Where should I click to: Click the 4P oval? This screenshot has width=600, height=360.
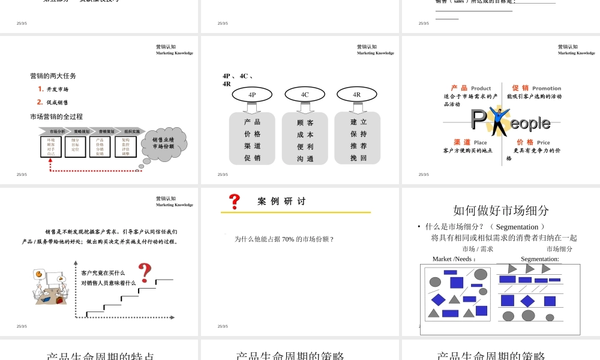[x=252, y=94]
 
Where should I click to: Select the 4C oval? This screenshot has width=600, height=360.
[x=305, y=94]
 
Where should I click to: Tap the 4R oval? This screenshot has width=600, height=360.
[x=356, y=94]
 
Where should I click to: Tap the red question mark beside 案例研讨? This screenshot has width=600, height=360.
[x=235, y=200]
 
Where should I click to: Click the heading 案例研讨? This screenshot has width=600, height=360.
[x=281, y=202]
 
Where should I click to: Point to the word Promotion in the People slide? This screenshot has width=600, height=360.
[x=547, y=88]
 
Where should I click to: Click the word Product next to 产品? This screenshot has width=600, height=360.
[x=481, y=88]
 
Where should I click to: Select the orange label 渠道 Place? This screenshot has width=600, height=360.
[x=470, y=142]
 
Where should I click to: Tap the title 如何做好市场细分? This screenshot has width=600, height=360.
[x=501, y=210]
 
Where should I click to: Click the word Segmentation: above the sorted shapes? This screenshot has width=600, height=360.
[x=539, y=259]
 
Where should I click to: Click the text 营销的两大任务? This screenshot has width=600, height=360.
[x=53, y=76]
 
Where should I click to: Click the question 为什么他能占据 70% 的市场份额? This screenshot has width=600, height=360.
[x=284, y=239]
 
